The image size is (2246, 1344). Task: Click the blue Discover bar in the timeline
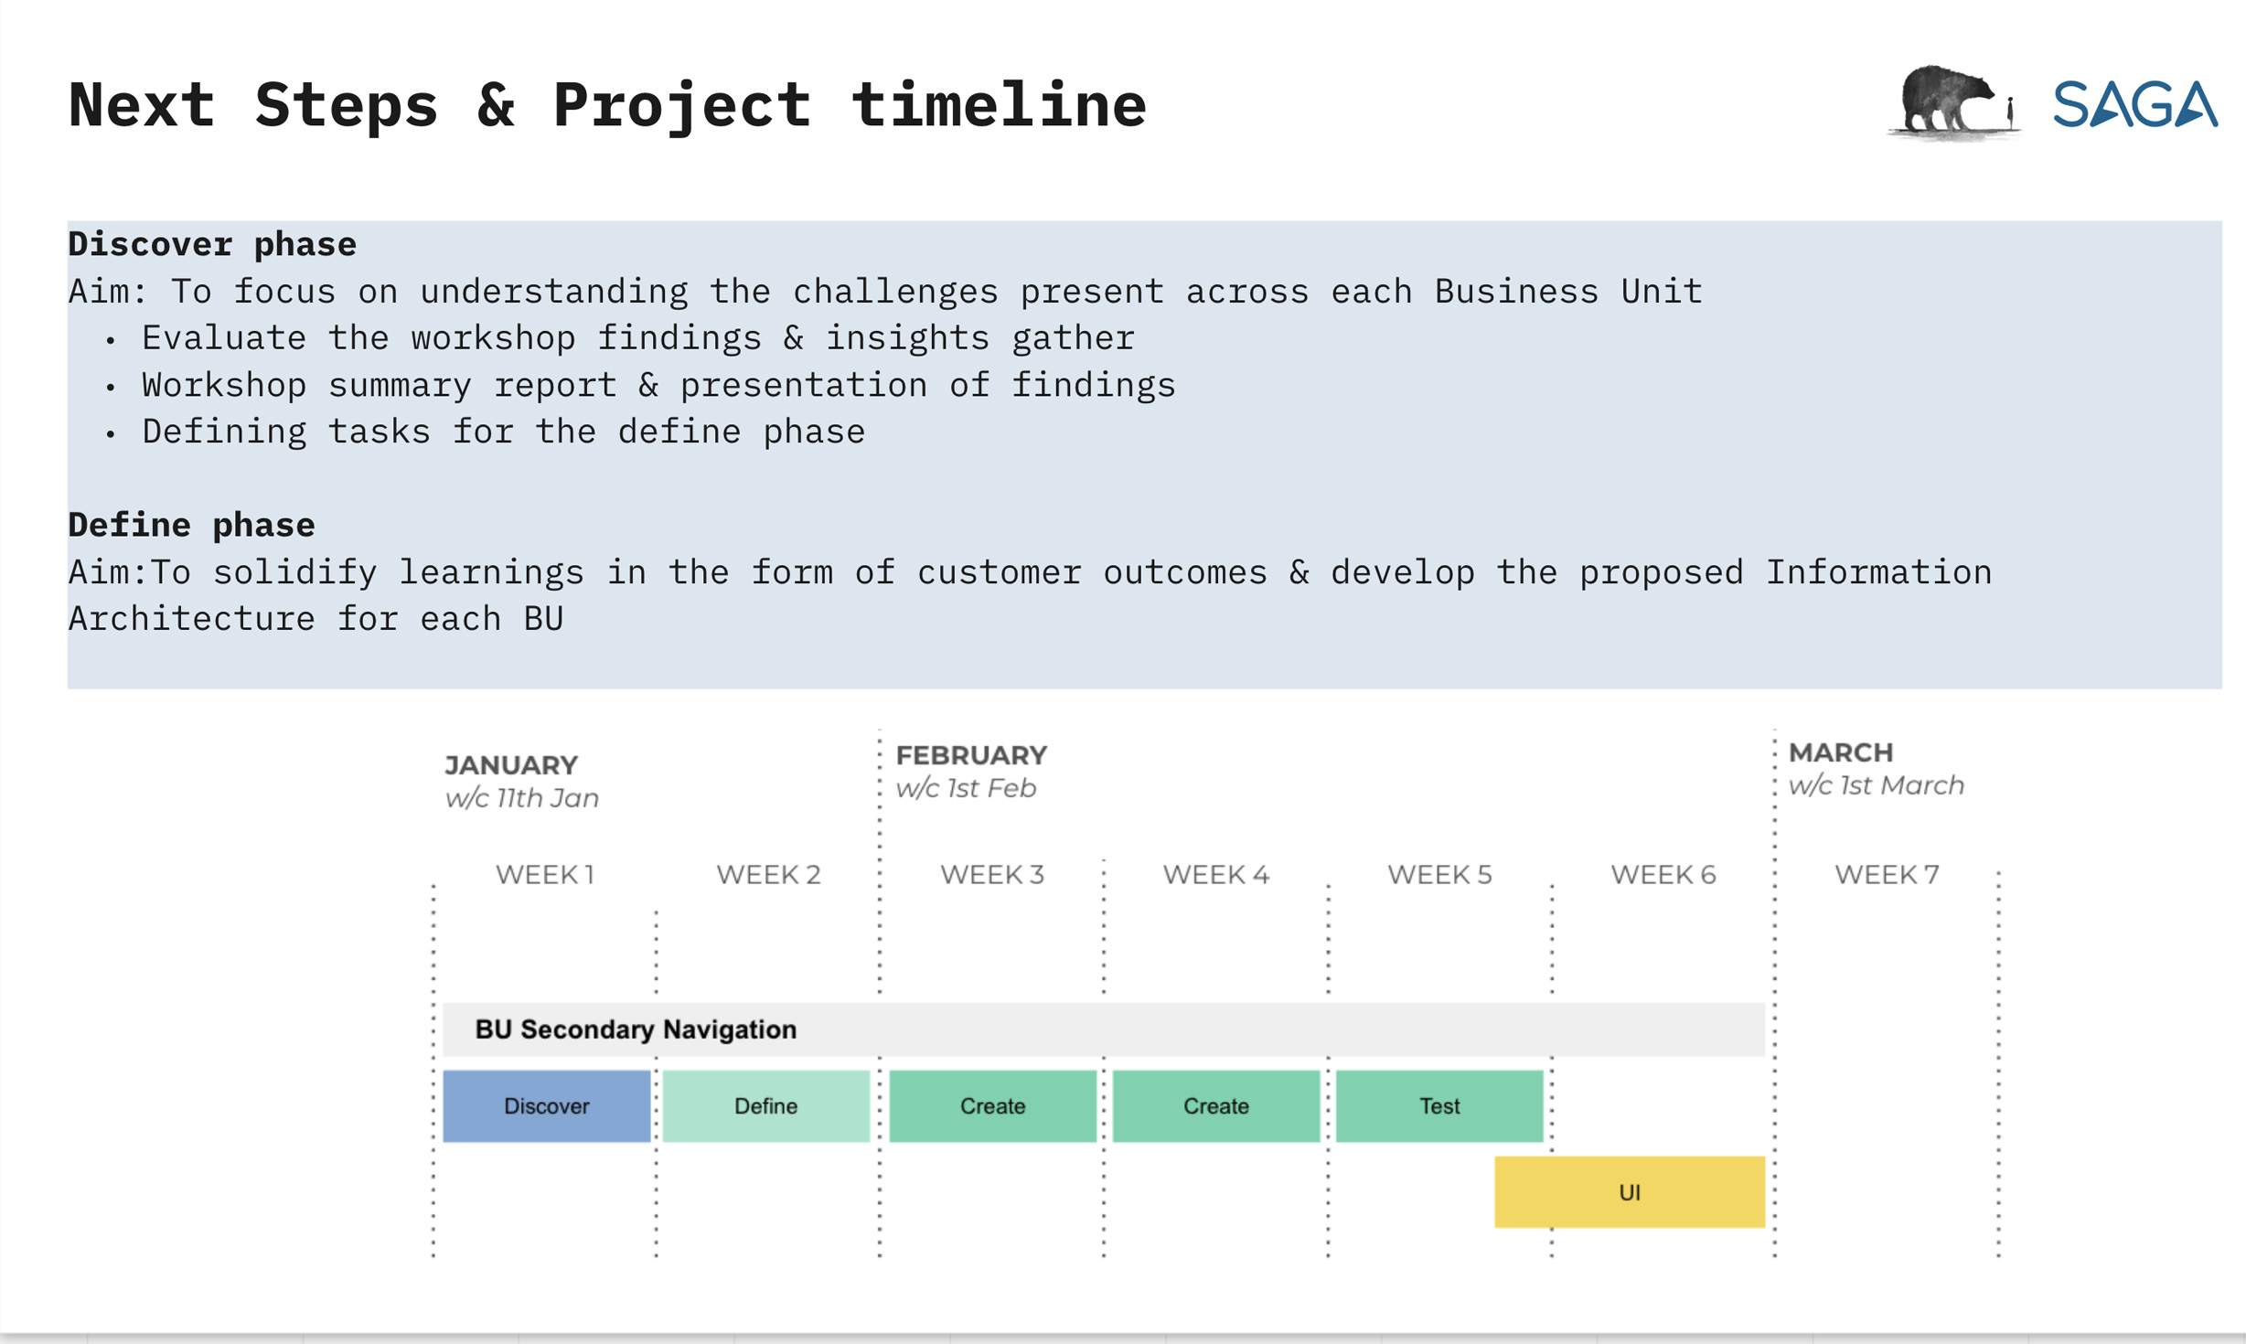click(546, 1105)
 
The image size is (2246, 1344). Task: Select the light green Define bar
click(766, 1105)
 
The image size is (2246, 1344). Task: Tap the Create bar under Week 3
click(992, 1105)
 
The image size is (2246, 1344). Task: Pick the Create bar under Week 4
click(1216, 1105)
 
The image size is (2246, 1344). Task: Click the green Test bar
click(1439, 1105)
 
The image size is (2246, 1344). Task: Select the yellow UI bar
click(1630, 1191)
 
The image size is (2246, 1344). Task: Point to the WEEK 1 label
click(546, 875)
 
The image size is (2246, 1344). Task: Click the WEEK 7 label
click(1887, 875)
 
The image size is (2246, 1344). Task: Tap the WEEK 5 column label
click(1439, 875)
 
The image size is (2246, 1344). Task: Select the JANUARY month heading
click(511, 765)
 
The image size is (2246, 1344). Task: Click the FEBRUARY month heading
click(971, 755)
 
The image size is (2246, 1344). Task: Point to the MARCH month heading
click(1841, 752)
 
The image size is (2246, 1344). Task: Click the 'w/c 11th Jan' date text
click(522, 798)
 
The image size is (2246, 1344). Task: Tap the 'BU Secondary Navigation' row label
click(636, 1029)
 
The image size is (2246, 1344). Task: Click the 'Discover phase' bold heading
click(212, 245)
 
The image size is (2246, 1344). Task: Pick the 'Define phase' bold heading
click(191, 526)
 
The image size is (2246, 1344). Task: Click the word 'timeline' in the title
click(999, 104)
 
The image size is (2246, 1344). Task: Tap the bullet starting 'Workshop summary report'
click(658, 385)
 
